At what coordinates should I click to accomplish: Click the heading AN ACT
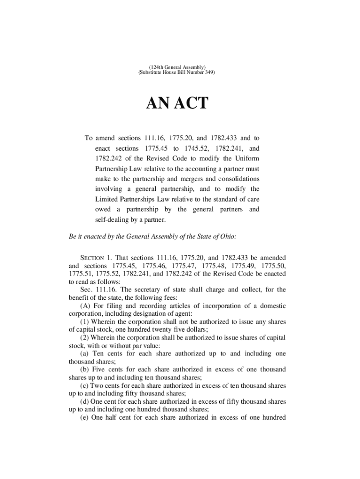pos(177,103)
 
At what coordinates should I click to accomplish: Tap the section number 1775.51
pos(80,274)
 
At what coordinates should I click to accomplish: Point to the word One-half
pos(105,417)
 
